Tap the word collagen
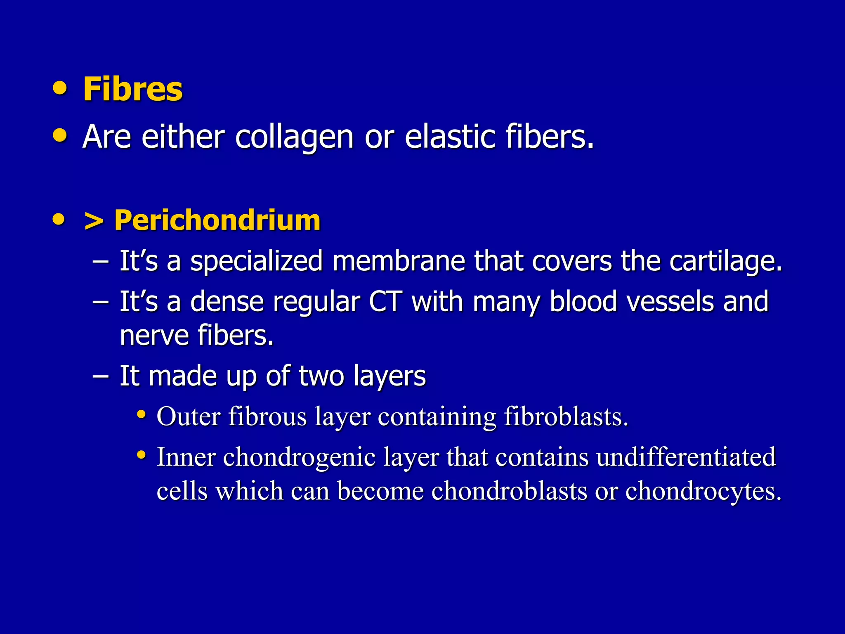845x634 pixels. pos(294,137)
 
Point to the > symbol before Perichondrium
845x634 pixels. pos(93,221)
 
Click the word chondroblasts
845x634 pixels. pos(509,491)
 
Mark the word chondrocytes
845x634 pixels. pos(703,491)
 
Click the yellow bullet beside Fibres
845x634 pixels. pos(60,88)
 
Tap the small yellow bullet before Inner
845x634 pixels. pos(142,455)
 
